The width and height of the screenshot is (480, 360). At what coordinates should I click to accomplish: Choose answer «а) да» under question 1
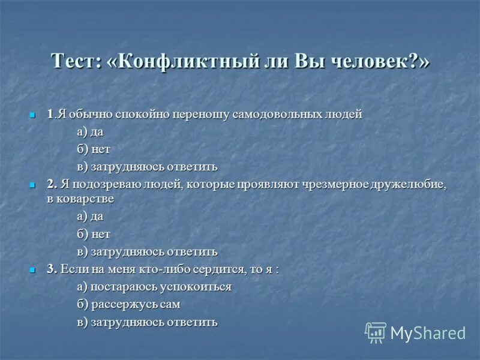click(90, 132)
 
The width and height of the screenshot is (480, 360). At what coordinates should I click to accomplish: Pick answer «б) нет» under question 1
click(94, 149)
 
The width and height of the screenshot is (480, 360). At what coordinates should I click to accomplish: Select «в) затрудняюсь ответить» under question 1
click(147, 167)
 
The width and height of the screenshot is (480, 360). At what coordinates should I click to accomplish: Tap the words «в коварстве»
click(81, 199)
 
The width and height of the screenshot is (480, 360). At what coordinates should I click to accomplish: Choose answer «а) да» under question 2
click(90, 216)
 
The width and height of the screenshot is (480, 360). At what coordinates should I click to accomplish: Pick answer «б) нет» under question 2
click(94, 234)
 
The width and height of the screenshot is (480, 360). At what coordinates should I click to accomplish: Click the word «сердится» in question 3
click(220, 269)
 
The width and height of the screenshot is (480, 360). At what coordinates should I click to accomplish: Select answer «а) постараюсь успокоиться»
click(154, 287)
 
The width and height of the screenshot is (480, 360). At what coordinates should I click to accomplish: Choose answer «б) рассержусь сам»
click(128, 304)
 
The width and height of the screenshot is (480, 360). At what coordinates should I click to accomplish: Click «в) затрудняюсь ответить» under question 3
click(147, 322)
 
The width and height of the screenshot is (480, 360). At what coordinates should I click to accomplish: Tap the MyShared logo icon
click(376, 332)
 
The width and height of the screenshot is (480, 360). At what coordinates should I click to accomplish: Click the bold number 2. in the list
click(52, 185)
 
